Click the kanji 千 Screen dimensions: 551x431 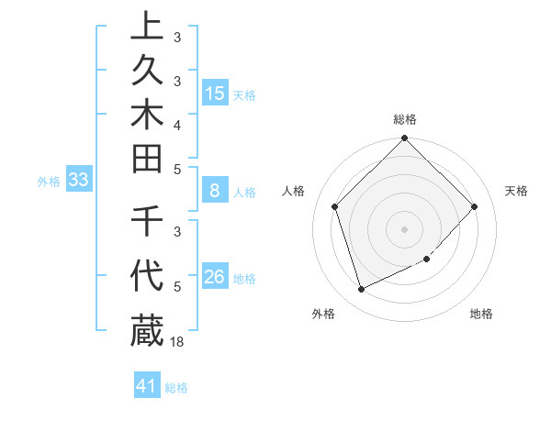tap(147, 222)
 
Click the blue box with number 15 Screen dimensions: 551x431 tap(215, 93)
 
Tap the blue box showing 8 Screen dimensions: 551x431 tap(215, 191)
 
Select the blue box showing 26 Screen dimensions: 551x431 tap(215, 277)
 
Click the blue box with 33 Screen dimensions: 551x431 tap(78, 180)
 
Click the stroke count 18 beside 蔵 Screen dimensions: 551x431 tap(178, 342)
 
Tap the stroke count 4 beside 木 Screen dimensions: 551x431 tap(177, 125)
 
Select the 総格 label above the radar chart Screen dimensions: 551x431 tap(405, 119)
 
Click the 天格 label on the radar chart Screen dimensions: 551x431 tap(517, 191)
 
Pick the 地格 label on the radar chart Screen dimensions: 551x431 tap(481, 314)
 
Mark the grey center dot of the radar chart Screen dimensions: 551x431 tap(405, 228)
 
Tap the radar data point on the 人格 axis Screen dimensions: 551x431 tap(335, 206)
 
